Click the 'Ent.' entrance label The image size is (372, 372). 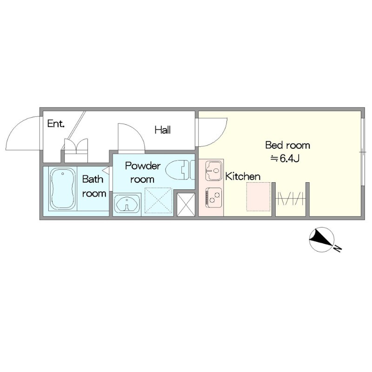pos(56,124)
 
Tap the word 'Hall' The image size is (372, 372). pos(163,130)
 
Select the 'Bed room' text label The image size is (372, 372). pos(287,145)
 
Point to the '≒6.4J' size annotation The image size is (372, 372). pos(286,159)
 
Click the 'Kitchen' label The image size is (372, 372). pos(243,176)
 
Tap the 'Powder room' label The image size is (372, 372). pos(143,173)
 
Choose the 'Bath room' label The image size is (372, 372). pos(94,186)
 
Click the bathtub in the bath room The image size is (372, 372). pos(63,189)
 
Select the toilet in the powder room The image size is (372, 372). pos(180,170)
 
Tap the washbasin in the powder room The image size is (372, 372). pos(127,204)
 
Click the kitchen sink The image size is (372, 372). pos(214,171)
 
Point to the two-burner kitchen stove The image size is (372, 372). pos(214,197)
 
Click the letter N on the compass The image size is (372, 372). pos(338,248)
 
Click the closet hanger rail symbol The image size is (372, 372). pos(290,199)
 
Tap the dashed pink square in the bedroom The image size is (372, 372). pos(259,196)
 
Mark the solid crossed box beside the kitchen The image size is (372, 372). pos(186,205)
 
